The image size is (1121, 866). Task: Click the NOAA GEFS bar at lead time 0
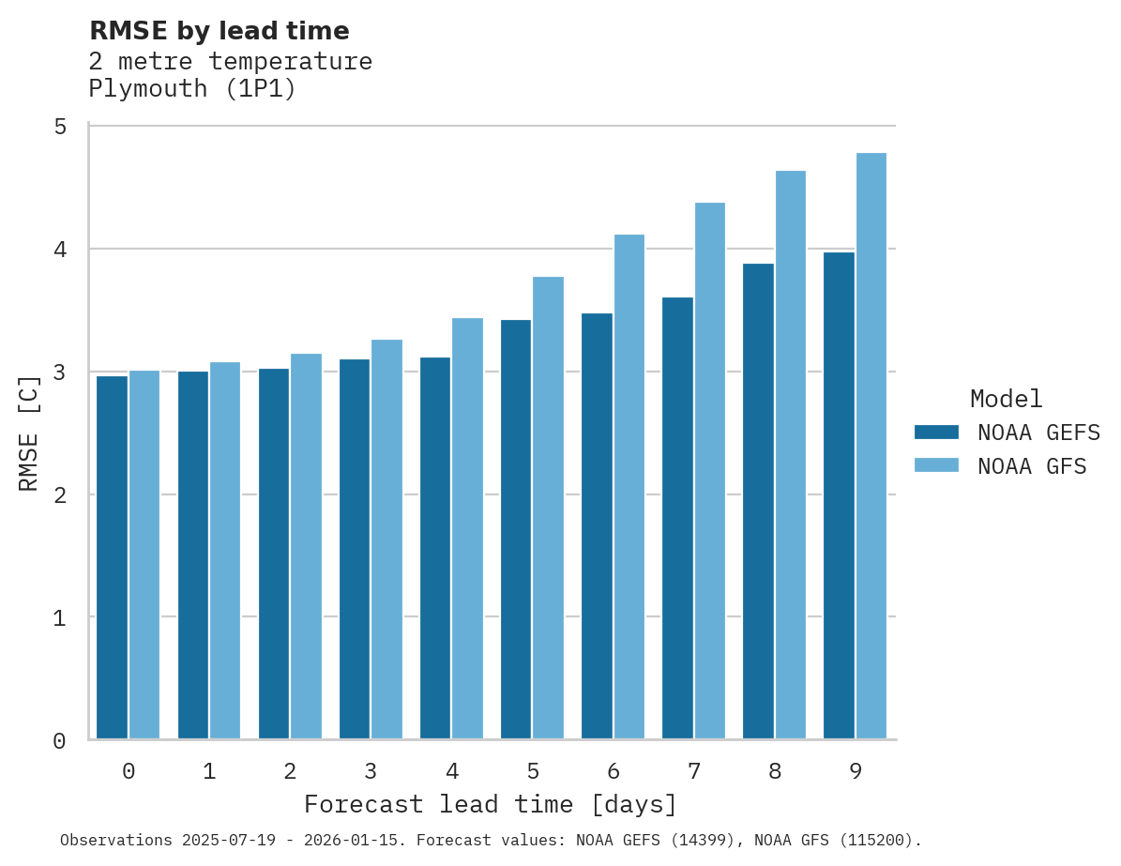pos(112,557)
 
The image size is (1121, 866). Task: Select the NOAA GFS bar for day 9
pos(871,446)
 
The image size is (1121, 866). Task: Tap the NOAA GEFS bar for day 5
pos(515,529)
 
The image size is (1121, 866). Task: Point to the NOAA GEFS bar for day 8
pos(758,501)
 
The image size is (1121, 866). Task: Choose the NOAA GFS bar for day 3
pos(386,539)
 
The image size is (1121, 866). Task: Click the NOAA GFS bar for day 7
pos(710,470)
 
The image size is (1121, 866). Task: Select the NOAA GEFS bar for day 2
pos(273,554)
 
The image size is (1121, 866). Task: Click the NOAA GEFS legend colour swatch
pos(936,433)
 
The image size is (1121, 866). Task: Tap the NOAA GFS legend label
pos(1032,466)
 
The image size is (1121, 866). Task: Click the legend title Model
pos(1006,399)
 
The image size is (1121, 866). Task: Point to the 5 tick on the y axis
pos(60,127)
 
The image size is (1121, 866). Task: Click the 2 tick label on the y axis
pos(60,495)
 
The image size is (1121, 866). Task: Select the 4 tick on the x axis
pos(452,771)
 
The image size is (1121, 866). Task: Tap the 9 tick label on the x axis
pos(856,771)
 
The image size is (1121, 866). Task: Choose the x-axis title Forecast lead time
pos(490,805)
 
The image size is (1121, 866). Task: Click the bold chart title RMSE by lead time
pos(219,31)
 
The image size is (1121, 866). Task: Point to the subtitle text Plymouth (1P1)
pos(192,89)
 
